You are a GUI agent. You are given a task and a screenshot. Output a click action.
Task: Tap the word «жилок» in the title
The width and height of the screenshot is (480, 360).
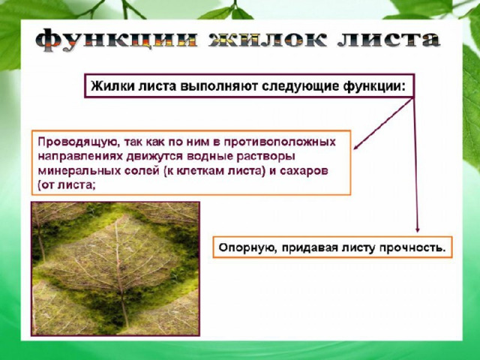(x=268, y=39)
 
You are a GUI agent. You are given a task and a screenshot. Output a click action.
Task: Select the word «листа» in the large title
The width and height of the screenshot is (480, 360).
(x=389, y=39)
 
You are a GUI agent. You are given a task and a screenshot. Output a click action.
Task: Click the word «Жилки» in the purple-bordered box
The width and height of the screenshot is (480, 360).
(x=112, y=86)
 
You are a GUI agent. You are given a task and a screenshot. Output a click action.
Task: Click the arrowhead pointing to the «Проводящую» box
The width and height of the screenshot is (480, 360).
(x=356, y=147)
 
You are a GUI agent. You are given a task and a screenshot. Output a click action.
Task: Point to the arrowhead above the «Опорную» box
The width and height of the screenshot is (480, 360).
(x=417, y=229)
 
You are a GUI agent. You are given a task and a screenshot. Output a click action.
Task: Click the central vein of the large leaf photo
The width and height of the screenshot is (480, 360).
(x=119, y=269)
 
